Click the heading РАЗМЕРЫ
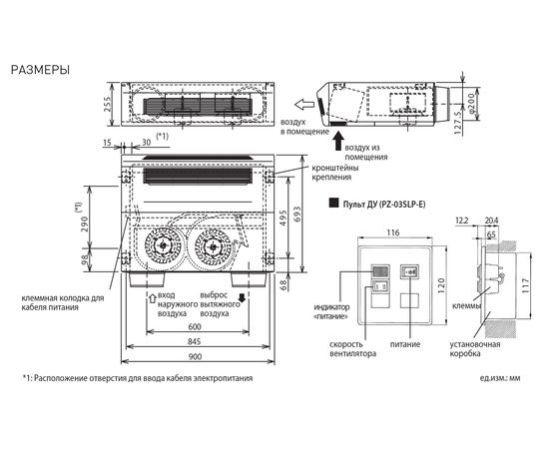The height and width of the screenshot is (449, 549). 39,71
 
